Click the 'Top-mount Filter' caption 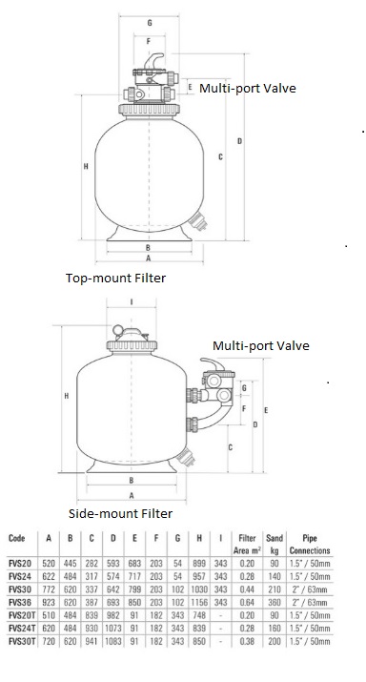(x=115, y=278)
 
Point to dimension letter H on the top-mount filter (x=86, y=166)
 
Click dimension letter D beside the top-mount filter (x=239, y=141)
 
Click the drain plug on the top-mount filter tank (x=198, y=229)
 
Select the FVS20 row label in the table (x=19, y=565)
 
